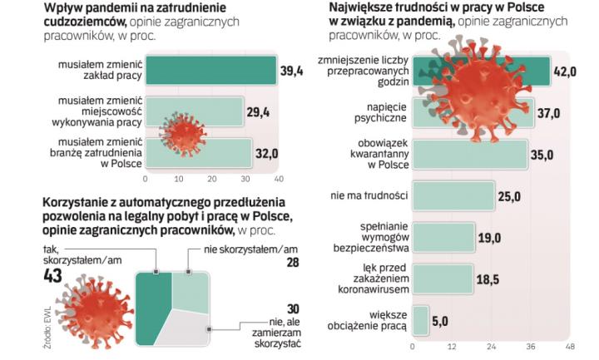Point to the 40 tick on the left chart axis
[x=278, y=179]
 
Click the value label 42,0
[x=566, y=72]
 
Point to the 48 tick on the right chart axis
[x=570, y=345]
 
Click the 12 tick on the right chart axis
[x=452, y=345]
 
